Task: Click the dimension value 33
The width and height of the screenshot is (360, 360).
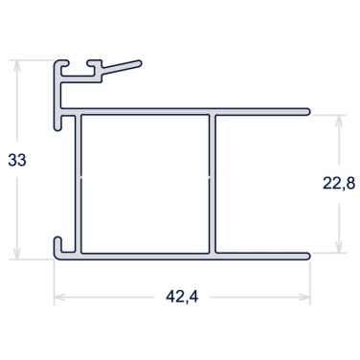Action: coord(17,160)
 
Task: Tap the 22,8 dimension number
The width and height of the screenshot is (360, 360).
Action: coord(339,184)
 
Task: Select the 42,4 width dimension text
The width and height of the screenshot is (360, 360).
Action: coord(182,297)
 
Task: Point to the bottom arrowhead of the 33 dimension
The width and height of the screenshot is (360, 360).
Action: coord(17,253)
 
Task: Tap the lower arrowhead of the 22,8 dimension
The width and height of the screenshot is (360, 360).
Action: coord(339,247)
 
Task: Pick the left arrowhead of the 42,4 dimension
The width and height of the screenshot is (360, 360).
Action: coord(59,298)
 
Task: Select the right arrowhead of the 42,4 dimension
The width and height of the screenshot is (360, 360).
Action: coord(304,298)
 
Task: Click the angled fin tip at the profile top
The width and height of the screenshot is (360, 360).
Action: coord(139,62)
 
